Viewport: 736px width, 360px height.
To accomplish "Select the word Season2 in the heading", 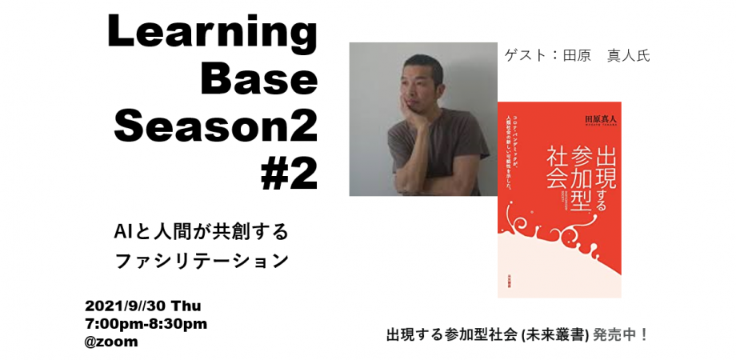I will point(216,124).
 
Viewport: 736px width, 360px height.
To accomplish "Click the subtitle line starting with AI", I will point(200,233).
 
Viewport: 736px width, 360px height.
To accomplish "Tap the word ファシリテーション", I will point(200,261).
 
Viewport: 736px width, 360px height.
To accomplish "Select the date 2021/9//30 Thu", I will point(143,306).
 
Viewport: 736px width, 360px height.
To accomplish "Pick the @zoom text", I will point(111,342).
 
